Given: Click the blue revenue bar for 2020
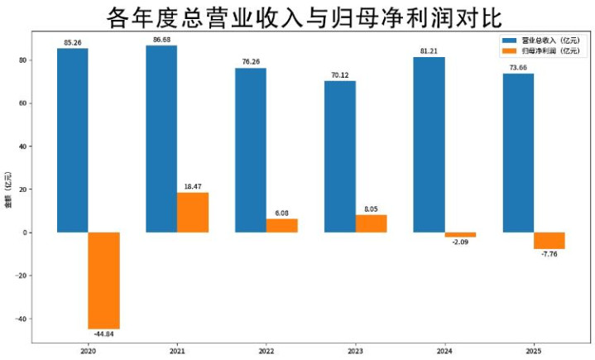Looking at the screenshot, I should (72, 141).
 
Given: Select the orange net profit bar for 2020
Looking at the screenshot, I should (104, 281).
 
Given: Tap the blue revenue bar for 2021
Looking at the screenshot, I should (161, 139).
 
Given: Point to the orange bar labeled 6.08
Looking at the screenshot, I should (282, 226).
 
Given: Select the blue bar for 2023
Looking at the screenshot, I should (339, 157).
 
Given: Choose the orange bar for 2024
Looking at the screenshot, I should (460, 235).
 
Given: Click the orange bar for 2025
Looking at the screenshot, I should (549, 241).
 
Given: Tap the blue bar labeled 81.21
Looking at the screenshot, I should (429, 145).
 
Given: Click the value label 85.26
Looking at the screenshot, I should (72, 42).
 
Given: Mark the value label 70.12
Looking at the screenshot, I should (339, 75).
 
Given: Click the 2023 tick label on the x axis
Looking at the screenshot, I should (355, 351).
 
